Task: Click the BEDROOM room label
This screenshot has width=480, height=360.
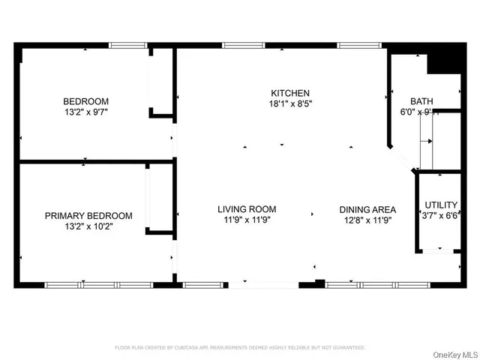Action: pyautogui.click(x=85, y=102)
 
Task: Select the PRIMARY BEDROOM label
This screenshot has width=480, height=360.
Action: pyautogui.click(x=88, y=216)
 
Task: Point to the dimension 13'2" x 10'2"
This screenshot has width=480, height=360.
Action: pyautogui.click(x=88, y=226)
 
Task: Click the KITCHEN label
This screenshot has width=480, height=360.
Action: pyautogui.click(x=290, y=94)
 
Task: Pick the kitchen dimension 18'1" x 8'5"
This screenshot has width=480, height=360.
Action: pyautogui.click(x=290, y=105)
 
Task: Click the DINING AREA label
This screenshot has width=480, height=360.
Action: pyautogui.click(x=367, y=209)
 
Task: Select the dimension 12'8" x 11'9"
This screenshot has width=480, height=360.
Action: pyautogui.click(x=367, y=220)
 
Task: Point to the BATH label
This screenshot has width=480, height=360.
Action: pyautogui.click(x=421, y=102)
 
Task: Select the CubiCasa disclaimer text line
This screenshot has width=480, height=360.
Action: pyautogui.click(x=239, y=348)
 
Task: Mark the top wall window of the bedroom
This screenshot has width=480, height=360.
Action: pyautogui.click(x=127, y=45)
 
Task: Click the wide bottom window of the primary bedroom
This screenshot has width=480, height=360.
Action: pyautogui.click(x=99, y=285)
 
